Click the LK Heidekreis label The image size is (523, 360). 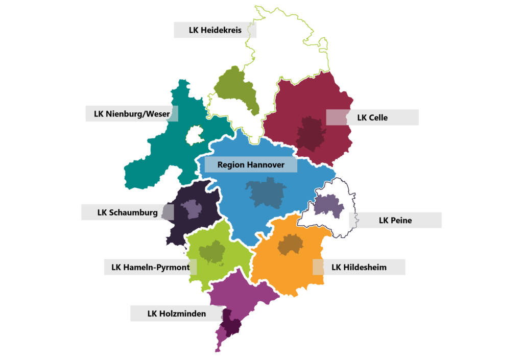coord(215,30)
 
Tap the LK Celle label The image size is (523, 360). coord(372,117)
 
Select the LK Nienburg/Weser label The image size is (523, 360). coord(132,114)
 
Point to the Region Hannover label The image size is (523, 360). coord(251,164)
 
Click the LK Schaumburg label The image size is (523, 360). coord(127,212)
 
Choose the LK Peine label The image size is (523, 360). coord(395,220)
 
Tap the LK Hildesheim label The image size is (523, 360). coord(359,267)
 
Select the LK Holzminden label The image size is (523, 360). coord(176,314)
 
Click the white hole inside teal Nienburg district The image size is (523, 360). coord(194,136)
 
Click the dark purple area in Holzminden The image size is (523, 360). coord(230,323)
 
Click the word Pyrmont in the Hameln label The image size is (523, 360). coord(173,267)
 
